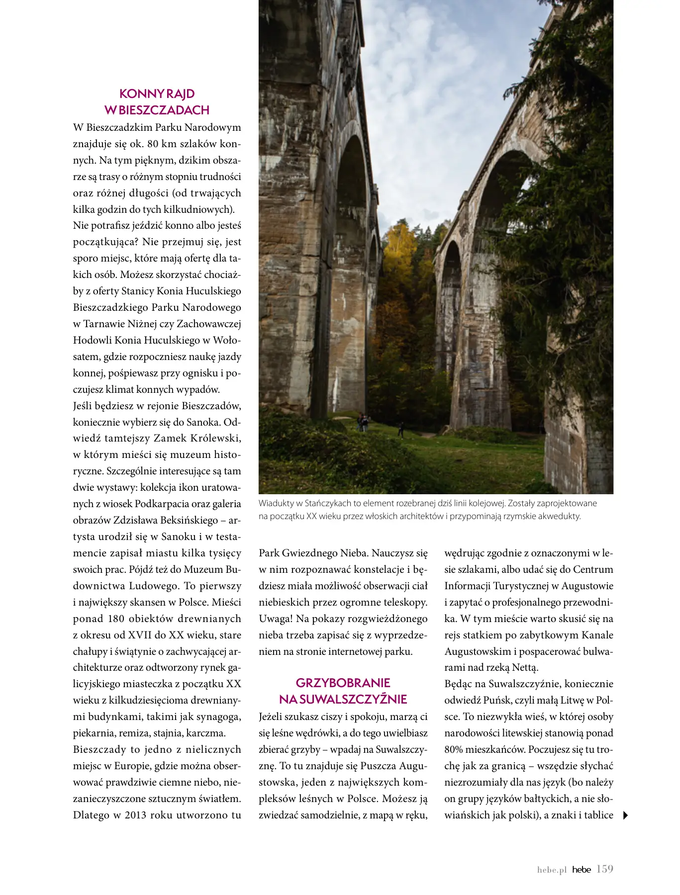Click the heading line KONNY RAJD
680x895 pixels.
click(x=157, y=93)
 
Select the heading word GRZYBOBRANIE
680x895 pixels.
click(x=343, y=683)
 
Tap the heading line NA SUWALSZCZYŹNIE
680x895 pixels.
click(x=343, y=699)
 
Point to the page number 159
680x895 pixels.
click(x=604, y=869)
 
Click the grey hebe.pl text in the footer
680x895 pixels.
click(x=552, y=870)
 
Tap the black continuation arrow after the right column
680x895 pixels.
click(x=625, y=815)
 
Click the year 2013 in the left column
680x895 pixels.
click(x=135, y=815)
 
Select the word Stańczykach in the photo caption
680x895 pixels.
click(x=327, y=503)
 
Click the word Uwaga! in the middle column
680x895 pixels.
click(x=275, y=619)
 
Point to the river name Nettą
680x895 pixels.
click(x=525, y=667)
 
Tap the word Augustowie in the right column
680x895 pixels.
click(x=587, y=586)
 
